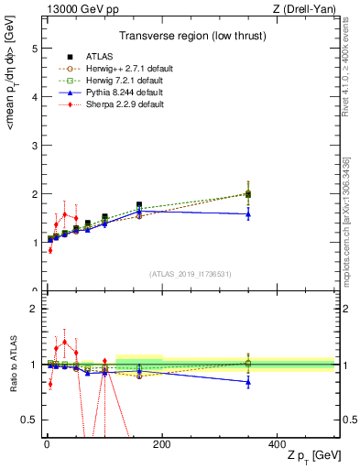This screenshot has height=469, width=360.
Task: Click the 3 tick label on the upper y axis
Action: [x=34, y=145]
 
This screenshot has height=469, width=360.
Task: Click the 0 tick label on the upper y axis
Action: [x=34, y=291]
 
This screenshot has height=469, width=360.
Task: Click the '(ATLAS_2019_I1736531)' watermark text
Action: [x=191, y=274]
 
